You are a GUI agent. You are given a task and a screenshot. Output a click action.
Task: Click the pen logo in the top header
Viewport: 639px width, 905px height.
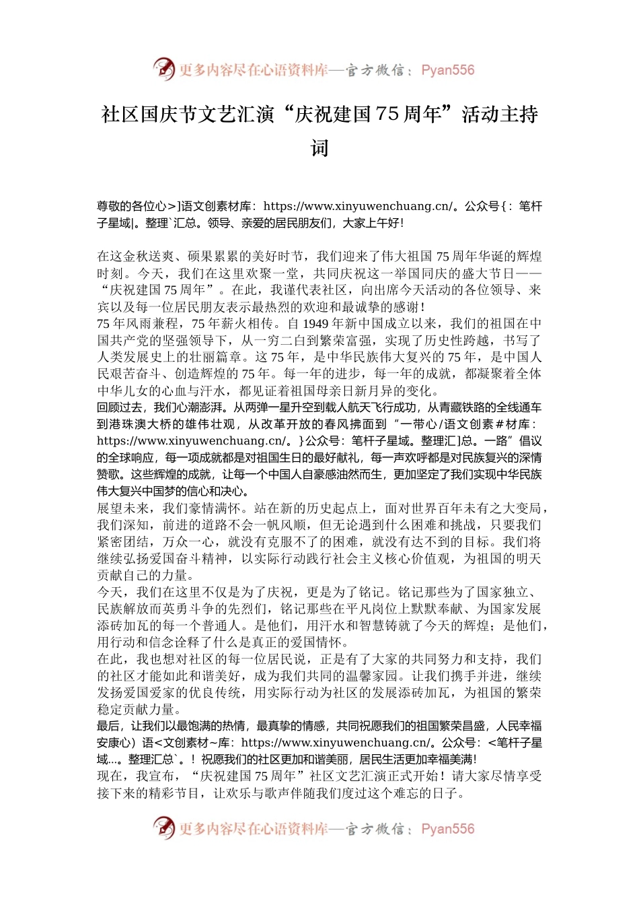[163, 69]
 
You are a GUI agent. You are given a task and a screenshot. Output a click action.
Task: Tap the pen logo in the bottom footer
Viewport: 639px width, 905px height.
[163, 828]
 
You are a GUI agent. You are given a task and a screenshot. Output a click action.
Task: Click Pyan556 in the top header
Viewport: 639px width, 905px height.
[447, 70]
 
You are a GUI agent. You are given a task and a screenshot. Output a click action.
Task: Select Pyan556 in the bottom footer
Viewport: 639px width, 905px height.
[447, 829]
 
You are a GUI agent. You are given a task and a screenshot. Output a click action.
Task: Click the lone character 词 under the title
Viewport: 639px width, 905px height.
[319, 148]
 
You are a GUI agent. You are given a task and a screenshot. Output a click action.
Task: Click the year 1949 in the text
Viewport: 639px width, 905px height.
[315, 323]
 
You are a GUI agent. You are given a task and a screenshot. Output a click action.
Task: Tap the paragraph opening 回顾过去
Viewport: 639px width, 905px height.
[122, 407]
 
